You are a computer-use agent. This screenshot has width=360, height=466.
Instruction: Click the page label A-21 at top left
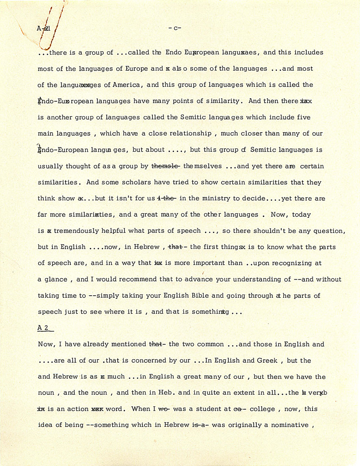pyautogui.click(x=44, y=29)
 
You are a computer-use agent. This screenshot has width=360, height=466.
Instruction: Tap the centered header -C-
pyautogui.click(x=175, y=28)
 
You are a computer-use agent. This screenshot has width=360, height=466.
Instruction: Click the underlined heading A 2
pyautogui.click(x=44, y=327)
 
